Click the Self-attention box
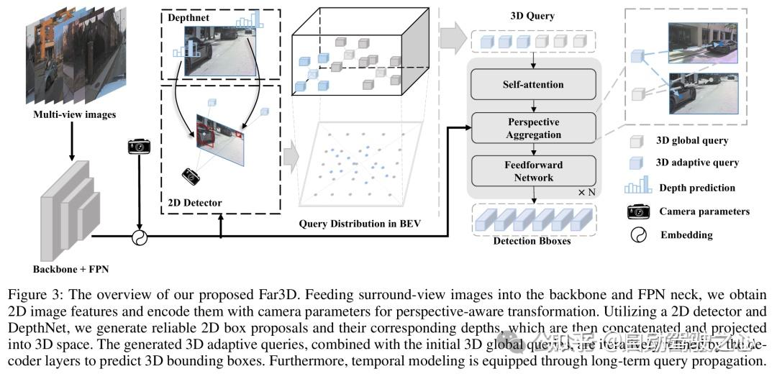533,85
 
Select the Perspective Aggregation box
533,128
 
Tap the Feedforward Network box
533,170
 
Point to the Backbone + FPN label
69,270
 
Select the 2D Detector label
194,203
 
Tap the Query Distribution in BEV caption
359,224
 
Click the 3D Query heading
532,16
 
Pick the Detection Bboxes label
532,241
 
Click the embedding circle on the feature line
138,237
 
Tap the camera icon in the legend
637,211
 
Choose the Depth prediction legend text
696,188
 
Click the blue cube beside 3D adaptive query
635,163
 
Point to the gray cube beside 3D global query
635,141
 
